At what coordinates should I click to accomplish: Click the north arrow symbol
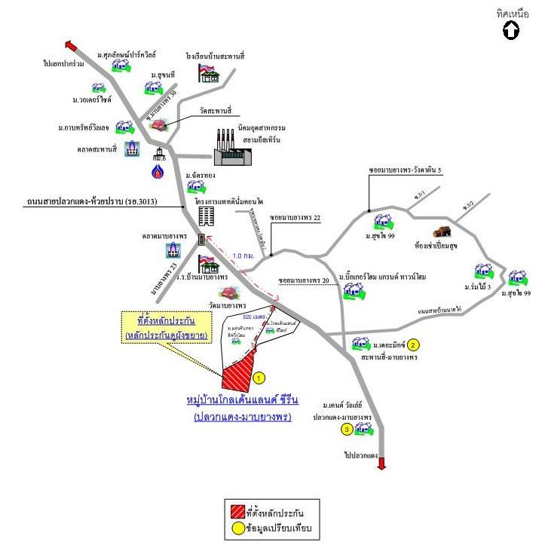pos(510,31)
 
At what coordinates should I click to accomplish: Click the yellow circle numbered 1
pos(259,377)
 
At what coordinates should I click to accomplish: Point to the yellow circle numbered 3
pos(346,430)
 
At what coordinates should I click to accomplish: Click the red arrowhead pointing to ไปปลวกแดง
pos(381,464)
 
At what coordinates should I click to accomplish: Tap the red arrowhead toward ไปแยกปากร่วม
pos(69,44)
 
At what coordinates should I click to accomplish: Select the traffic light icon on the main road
pos(201,240)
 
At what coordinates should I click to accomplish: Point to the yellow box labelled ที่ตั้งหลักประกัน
pos(167,327)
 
